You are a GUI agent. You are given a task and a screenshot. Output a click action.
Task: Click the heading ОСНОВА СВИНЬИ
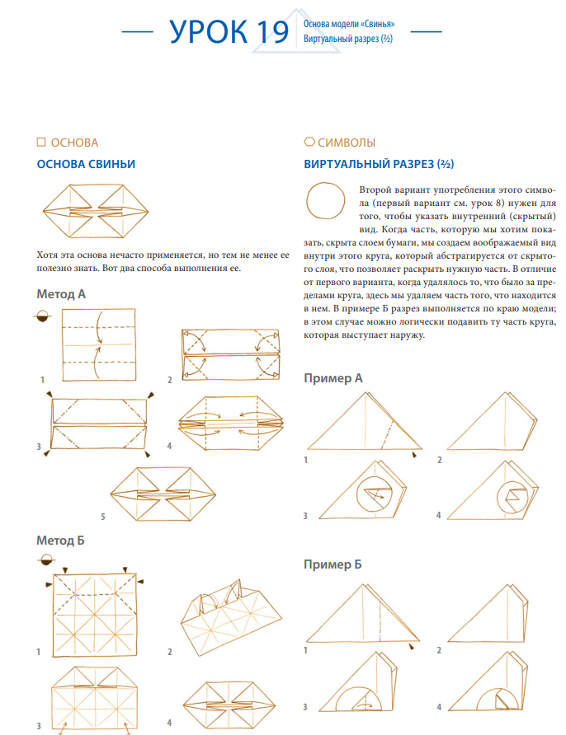[86, 164]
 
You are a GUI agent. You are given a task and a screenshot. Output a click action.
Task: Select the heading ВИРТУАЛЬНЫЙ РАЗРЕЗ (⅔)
[380, 164]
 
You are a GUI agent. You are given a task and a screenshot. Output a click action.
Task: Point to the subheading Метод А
[61, 294]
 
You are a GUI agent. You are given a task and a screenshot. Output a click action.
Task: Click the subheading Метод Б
[61, 541]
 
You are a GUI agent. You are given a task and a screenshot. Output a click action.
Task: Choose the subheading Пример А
[333, 378]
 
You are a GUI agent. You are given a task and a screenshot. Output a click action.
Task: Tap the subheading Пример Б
[333, 564]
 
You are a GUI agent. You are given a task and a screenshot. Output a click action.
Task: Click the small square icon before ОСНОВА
[41, 142]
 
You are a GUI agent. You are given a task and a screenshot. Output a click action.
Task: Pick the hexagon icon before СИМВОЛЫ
[309, 142]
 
